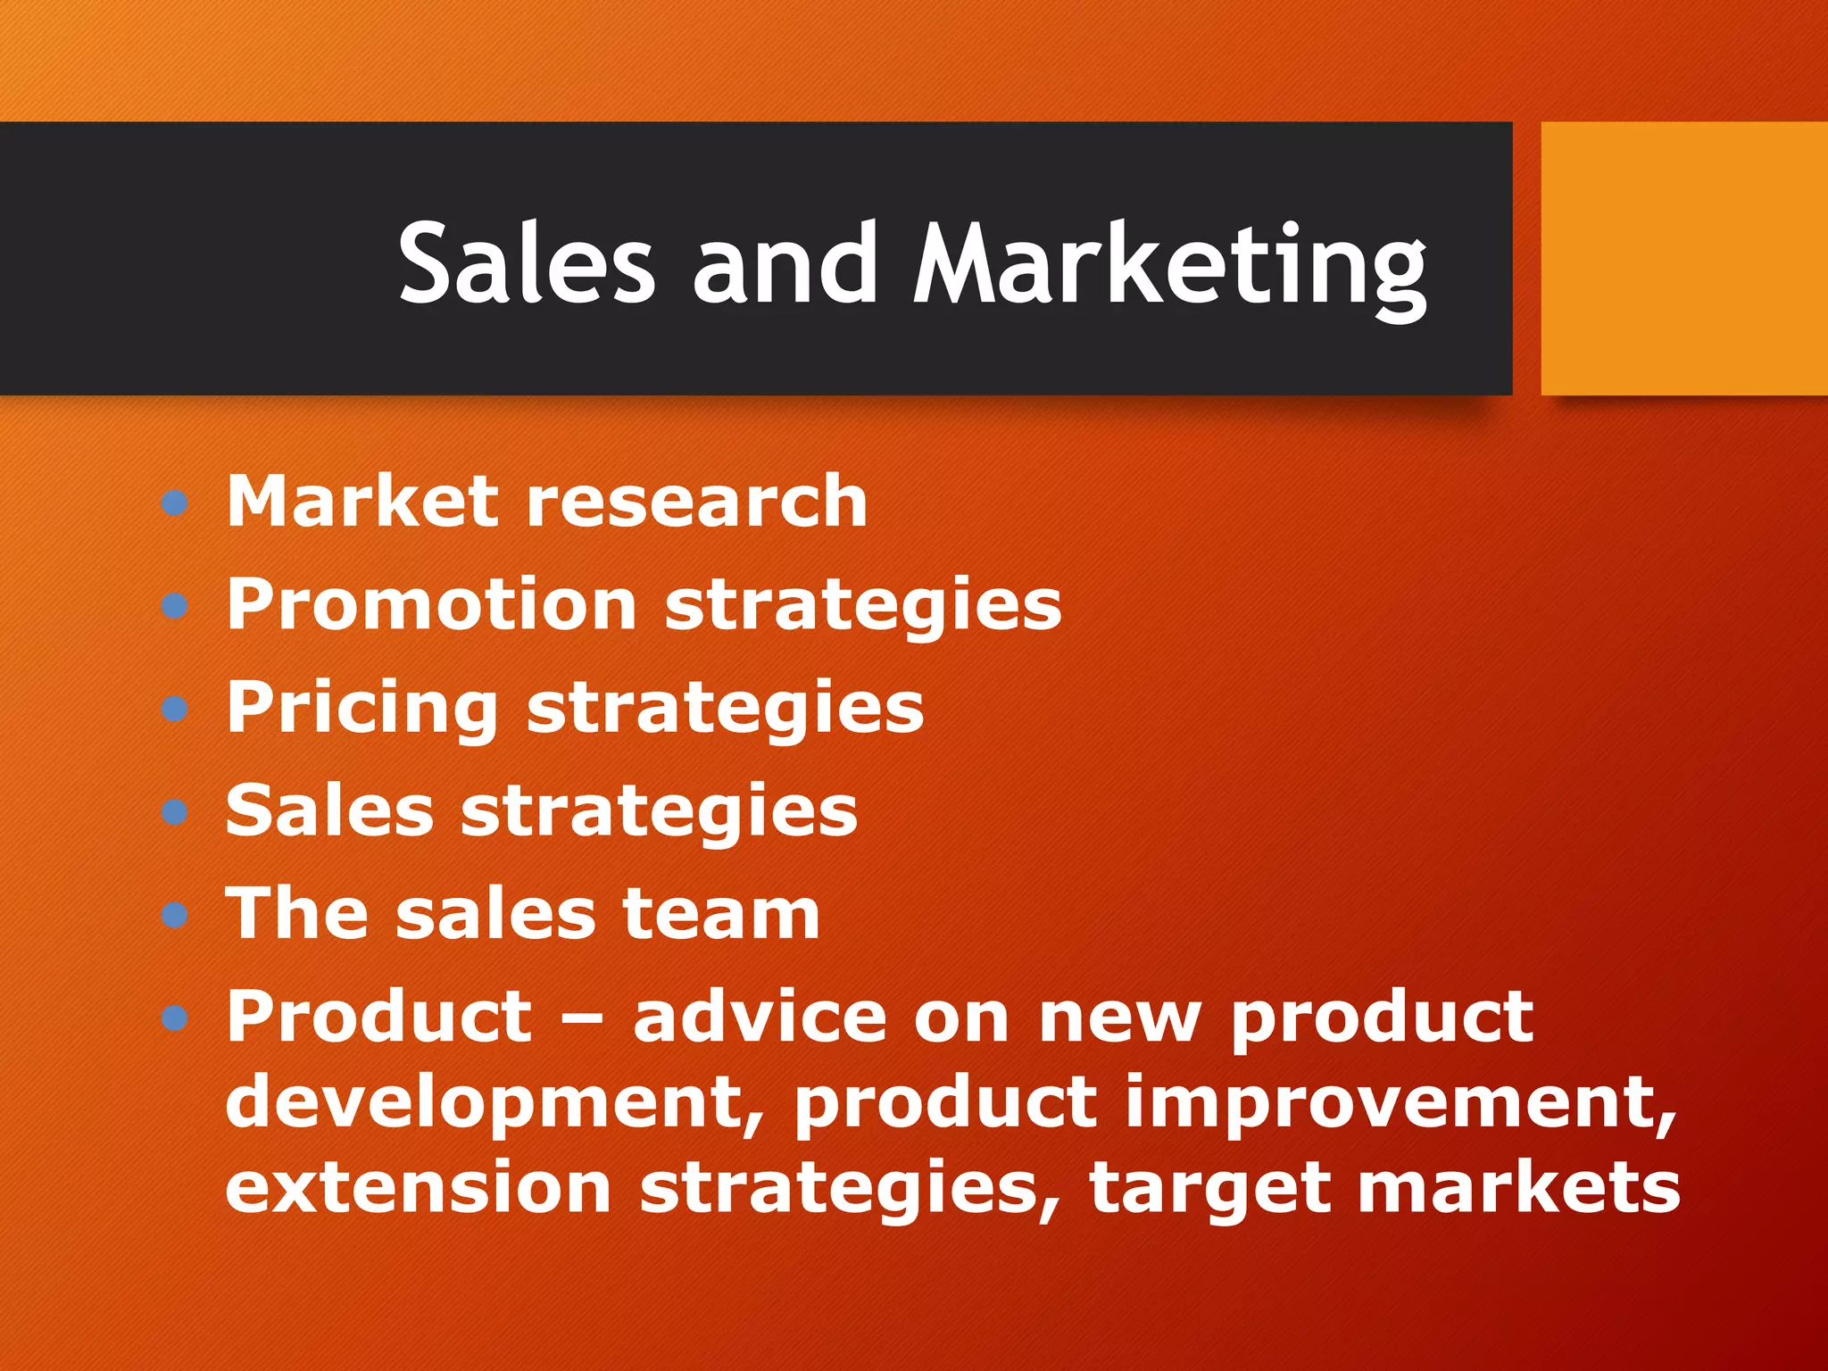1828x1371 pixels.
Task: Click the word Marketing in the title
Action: pyautogui.click(x=1169, y=266)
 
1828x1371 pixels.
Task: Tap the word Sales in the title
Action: pyautogui.click(x=527, y=264)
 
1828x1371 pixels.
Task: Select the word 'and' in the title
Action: pyautogui.click(x=785, y=264)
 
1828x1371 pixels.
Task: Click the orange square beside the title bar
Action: pyautogui.click(x=1683, y=259)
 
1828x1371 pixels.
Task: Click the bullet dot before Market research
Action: pyautogui.click(x=175, y=503)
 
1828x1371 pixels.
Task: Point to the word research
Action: pyautogui.click(x=696, y=502)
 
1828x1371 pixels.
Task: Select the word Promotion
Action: pyautogui.click(x=431, y=604)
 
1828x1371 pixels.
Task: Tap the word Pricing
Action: pyautogui.click(x=361, y=709)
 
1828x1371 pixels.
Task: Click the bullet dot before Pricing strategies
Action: pyautogui.click(x=175, y=710)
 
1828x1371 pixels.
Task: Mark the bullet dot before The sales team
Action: pyautogui.click(x=175, y=915)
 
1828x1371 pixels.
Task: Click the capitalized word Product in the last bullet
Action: pyautogui.click(x=379, y=1017)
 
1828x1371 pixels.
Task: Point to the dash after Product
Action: pyautogui.click(x=582, y=1019)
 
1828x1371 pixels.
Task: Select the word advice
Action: pyautogui.click(x=759, y=1017)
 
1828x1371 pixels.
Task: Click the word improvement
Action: pyautogui.click(x=1400, y=1102)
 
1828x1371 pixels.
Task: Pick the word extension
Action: pyautogui.click(x=418, y=1188)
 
